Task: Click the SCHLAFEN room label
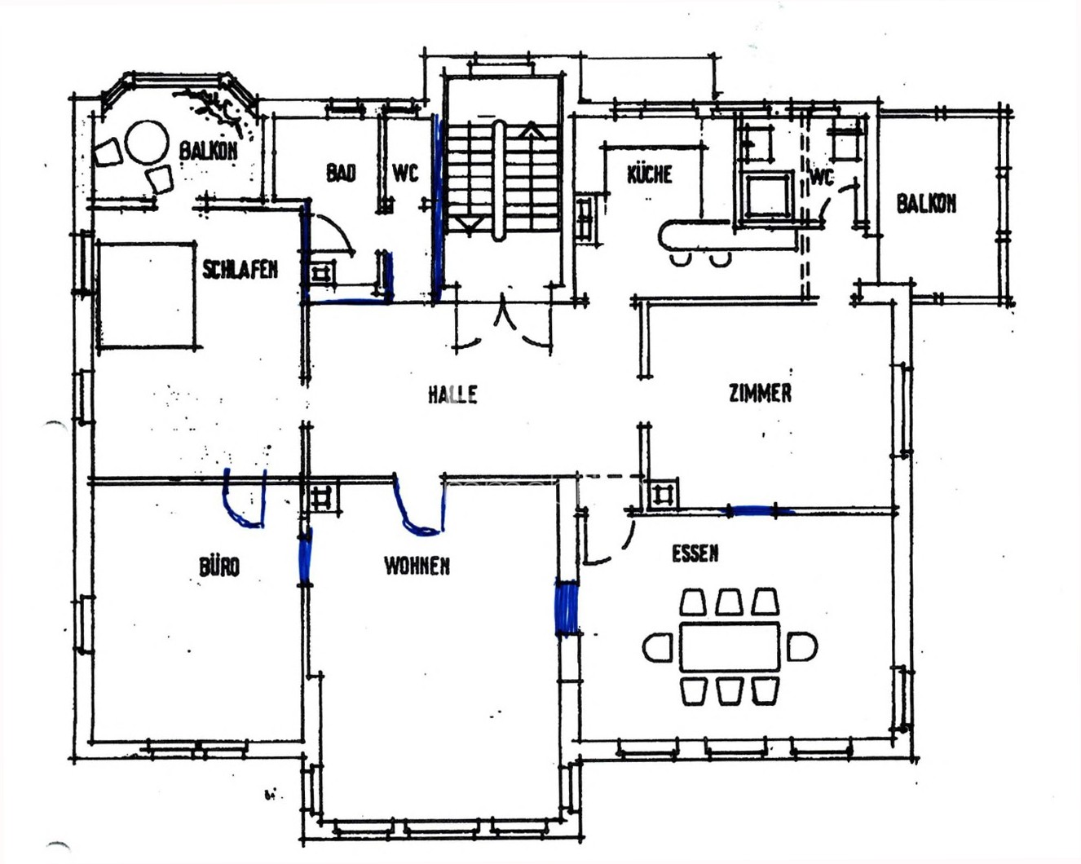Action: tap(240, 270)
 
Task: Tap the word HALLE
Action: tap(452, 395)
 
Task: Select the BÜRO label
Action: tap(219, 566)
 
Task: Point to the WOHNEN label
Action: tap(417, 566)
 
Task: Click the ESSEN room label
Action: tap(695, 553)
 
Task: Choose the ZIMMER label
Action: tap(760, 393)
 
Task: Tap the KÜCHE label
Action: tap(650, 174)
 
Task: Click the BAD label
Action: tap(341, 173)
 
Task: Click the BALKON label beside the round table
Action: tap(208, 150)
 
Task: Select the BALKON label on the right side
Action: tap(926, 204)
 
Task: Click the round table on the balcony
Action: tap(146, 142)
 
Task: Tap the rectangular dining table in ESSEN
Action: tap(730, 646)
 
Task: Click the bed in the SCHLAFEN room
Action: tap(148, 295)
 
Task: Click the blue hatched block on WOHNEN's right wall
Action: tap(567, 608)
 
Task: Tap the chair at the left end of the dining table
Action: tap(658, 647)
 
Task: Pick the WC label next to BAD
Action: tap(405, 174)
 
